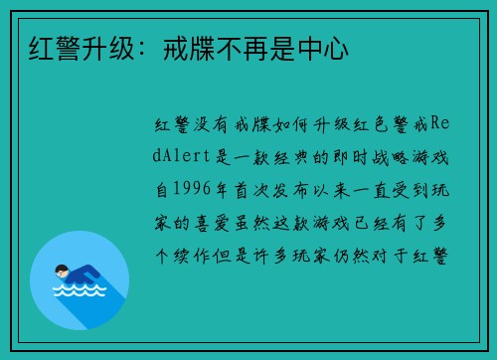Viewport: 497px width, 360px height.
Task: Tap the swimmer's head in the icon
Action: pos(62,270)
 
